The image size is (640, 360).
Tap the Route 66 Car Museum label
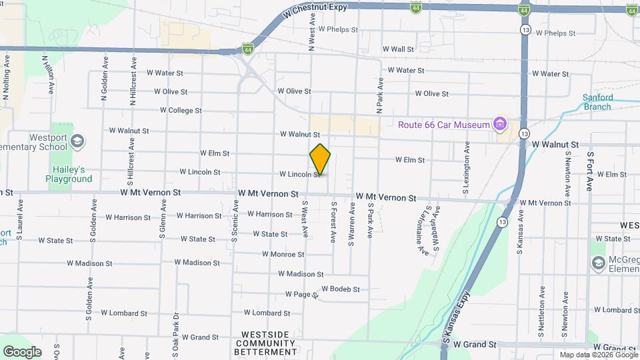click(x=444, y=124)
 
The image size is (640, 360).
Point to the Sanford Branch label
click(x=597, y=102)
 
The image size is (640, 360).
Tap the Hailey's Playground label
click(x=69, y=174)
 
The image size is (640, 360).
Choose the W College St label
click(x=181, y=111)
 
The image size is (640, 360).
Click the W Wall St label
click(x=398, y=49)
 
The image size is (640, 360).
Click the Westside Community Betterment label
click(x=265, y=343)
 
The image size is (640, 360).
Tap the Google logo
click(x=22, y=351)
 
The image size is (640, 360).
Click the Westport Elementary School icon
click(x=78, y=141)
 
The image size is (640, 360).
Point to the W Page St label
click(x=299, y=294)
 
